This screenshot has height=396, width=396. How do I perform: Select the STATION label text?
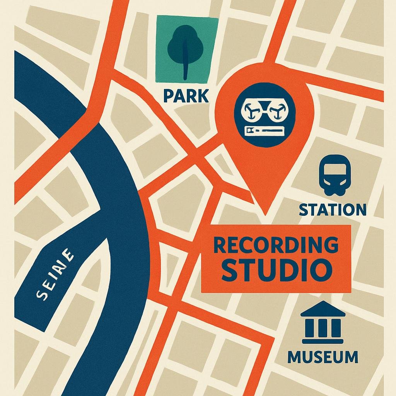(x=333, y=210)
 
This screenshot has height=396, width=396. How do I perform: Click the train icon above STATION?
(x=334, y=177)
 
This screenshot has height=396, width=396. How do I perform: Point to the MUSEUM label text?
(x=323, y=357)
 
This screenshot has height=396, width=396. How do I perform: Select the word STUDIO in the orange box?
(x=276, y=271)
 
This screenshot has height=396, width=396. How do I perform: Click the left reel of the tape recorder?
(x=250, y=111)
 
